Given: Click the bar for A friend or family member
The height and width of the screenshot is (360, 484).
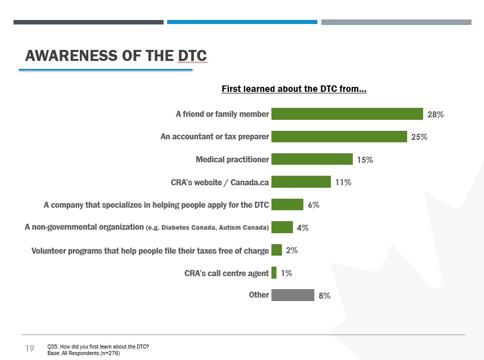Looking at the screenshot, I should [347, 114].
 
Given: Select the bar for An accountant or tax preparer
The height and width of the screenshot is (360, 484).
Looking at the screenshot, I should [339, 136].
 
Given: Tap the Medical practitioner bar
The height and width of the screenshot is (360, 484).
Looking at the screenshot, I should [312, 159].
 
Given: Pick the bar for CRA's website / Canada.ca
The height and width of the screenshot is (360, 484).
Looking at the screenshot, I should [301, 182].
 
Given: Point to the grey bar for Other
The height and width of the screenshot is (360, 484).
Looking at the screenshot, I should [293, 295].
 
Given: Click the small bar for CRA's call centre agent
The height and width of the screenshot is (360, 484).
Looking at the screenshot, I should [274, 273].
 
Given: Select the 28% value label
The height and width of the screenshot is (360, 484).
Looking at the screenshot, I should [436, 114].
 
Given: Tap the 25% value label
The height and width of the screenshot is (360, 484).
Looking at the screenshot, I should [419, 137].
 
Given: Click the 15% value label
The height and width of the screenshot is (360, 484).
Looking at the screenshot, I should [365, 160].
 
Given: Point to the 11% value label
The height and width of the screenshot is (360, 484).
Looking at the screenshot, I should [343, 182].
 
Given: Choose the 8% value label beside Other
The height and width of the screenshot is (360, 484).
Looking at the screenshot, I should [324, 296].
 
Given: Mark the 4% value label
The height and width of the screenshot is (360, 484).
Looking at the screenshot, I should [302, 228].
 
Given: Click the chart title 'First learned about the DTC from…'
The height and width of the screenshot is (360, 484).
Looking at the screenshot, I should [294, 89].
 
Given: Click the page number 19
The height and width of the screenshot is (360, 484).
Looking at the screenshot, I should [29, 349].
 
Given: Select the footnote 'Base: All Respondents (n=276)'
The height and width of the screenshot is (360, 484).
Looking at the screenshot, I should [83, 353].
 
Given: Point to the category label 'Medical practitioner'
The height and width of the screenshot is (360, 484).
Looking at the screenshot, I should [232, 159].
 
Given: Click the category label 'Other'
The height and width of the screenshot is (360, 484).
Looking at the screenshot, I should [259, 295].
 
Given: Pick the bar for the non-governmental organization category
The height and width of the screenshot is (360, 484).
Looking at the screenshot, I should [282, 227].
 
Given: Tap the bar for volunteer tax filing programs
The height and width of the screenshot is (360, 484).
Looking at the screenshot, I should [276, 250].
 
